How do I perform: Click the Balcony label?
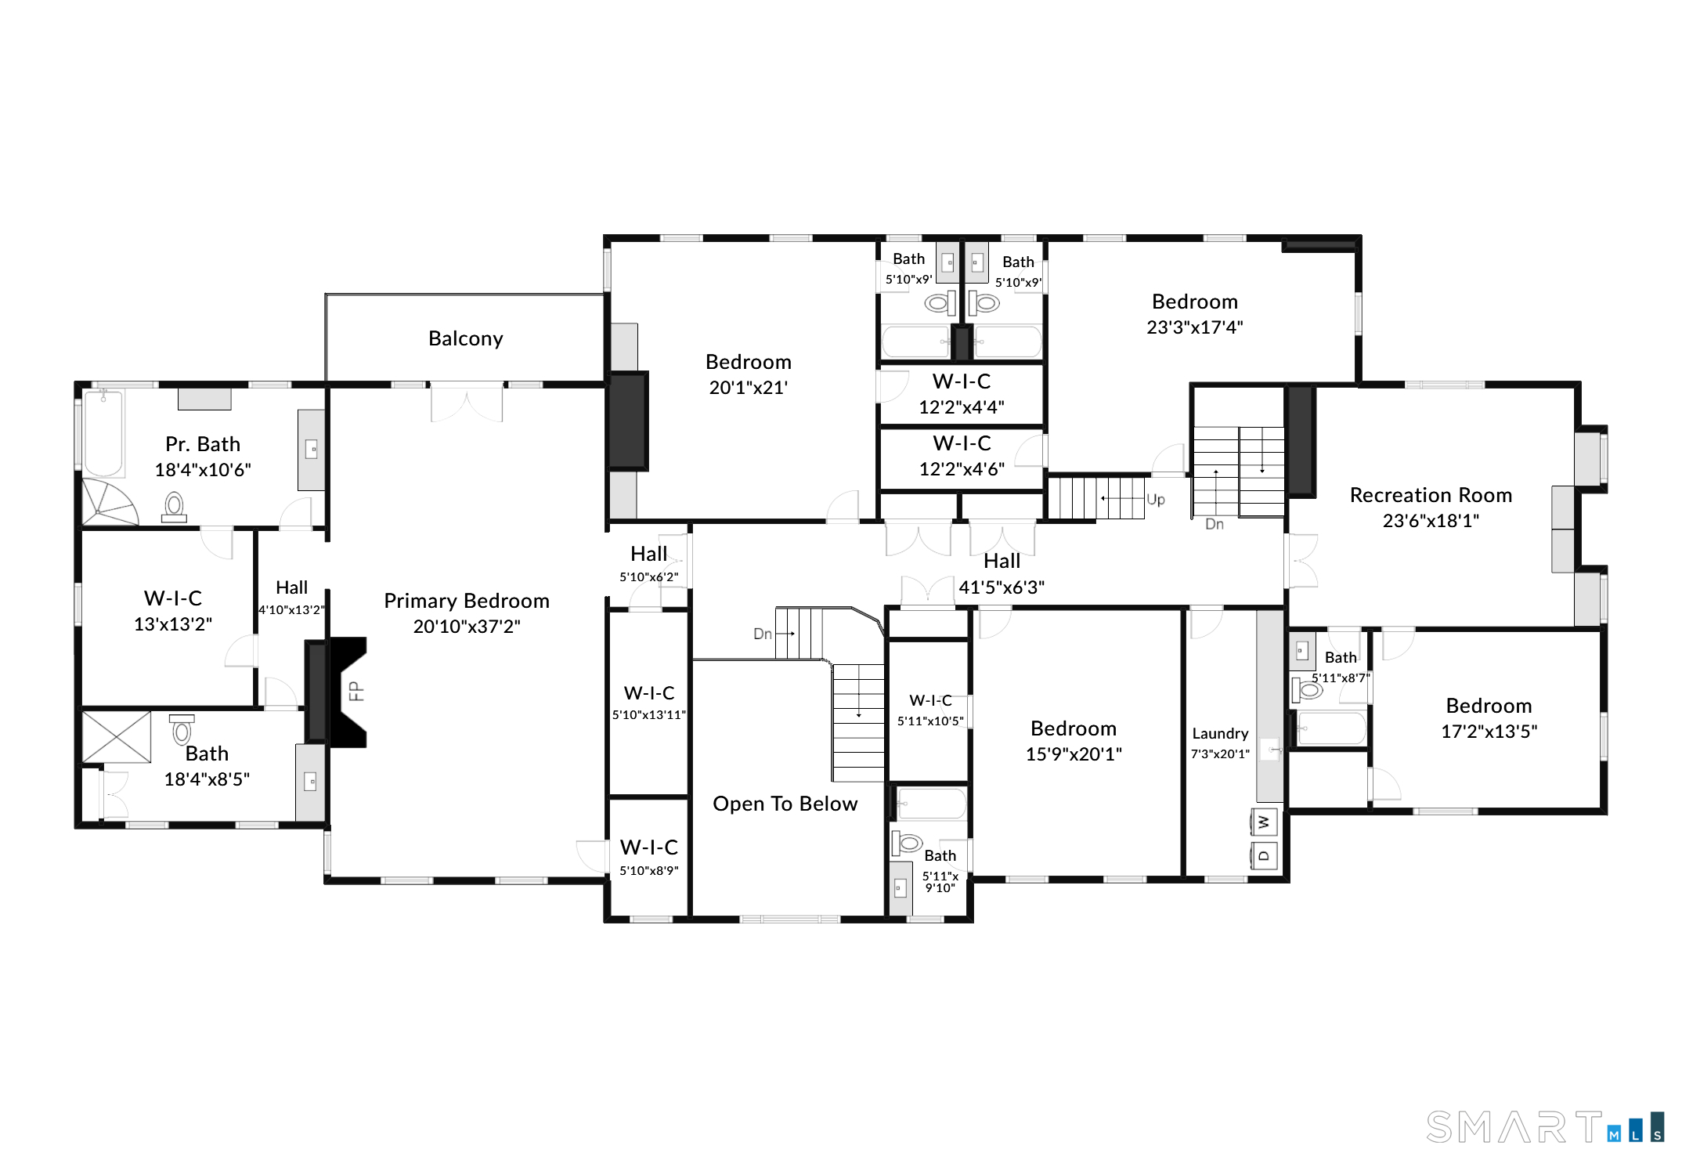tap(465, 338)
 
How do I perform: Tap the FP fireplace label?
tap(356, 691)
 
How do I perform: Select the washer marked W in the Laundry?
tap(1264, 822)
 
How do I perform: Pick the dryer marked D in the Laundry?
tap(1264, 855)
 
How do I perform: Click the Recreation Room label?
tap(1431, 495)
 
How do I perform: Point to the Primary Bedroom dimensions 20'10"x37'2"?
tap(467, 626)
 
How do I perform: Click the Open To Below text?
tap(785, 804)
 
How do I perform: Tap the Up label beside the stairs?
tap(1156, 500)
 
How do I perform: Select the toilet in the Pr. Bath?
tap(174, 507)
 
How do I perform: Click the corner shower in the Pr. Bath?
tap(110, 503)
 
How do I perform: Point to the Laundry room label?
tap(1220, 733)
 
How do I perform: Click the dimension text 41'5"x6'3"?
tap(1002, 587)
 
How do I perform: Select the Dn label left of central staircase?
tap(763, 634)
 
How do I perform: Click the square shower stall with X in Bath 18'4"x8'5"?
tap(117, 737)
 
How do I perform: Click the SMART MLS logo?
tap(1545, 1127)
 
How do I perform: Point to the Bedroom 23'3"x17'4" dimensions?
tap(1195, 327)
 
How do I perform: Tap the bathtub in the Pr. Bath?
tap(103, 433)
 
